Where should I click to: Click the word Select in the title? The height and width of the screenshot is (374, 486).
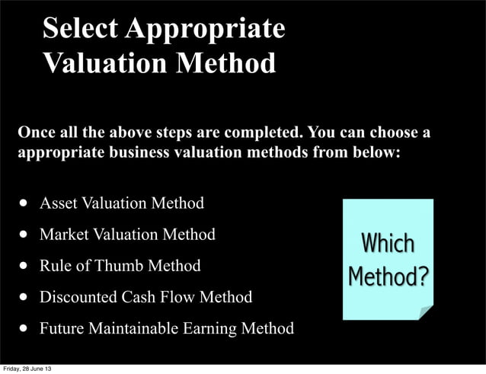pos(80,28)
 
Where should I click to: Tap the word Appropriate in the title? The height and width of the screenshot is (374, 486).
pos(205,29)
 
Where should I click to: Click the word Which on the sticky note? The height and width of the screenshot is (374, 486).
pos(388,244)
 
